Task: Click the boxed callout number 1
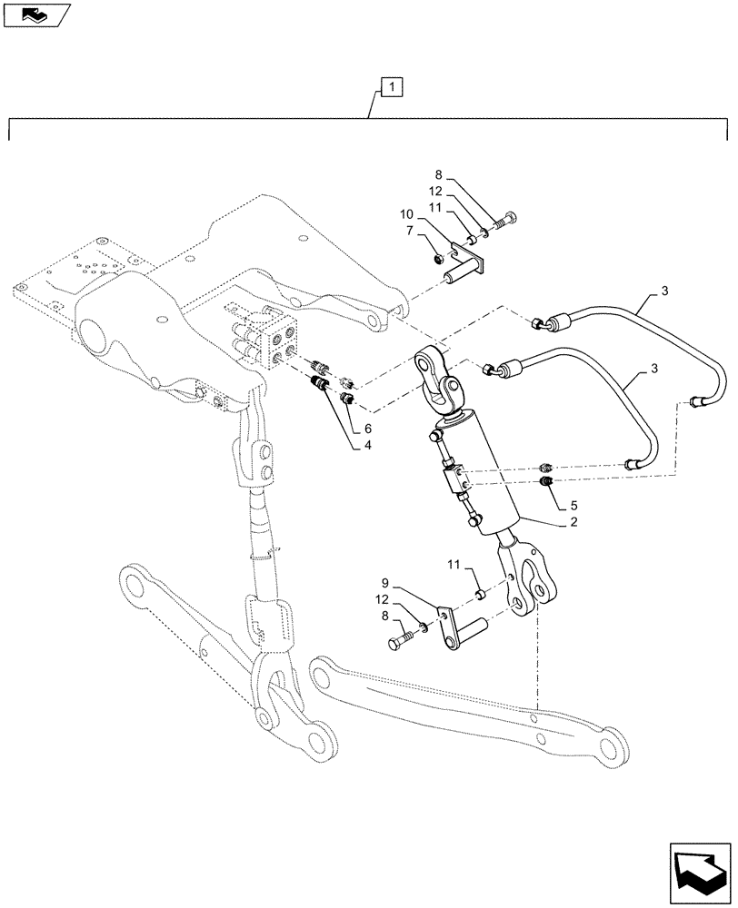[x=389, y=88]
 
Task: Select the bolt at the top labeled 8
[x=510, y=218]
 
